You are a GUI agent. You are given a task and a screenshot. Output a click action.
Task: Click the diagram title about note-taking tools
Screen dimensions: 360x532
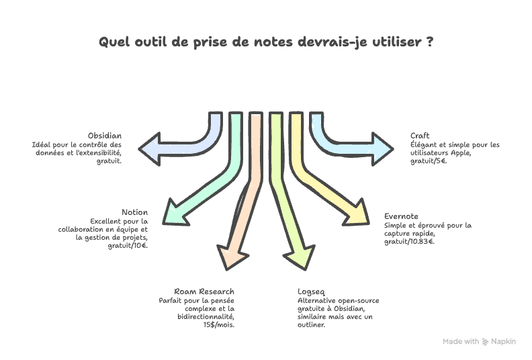tap(265, 42)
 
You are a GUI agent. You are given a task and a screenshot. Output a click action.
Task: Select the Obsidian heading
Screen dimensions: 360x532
tap(104, 136)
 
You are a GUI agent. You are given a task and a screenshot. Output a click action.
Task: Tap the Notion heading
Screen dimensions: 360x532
tap(134, 212)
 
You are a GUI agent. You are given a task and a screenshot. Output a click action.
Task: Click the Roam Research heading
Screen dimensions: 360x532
tap(204, 292)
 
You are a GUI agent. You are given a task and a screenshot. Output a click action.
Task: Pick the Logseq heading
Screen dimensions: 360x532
tap(311, 292)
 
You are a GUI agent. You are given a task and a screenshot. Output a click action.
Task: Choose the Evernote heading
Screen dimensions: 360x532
tap(401, 217)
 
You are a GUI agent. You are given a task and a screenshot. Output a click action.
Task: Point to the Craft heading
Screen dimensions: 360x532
tap(420, 136)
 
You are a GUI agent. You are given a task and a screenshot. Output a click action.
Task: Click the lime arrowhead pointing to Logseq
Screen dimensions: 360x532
tap(298, 257)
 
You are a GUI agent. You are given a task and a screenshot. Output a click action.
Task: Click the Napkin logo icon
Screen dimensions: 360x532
tap(486, 342)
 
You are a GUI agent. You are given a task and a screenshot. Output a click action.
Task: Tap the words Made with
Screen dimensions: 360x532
tap(461, 342)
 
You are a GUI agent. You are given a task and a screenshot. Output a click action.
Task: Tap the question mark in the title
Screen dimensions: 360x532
tap(429, 42)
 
